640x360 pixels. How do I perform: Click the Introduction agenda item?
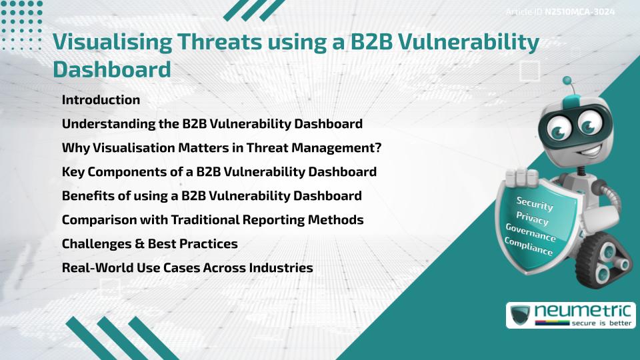click(101, 100)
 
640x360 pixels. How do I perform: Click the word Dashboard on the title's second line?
click(111, 69)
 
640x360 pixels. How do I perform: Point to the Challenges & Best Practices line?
click(149, 244)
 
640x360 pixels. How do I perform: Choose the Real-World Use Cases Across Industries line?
click(187, 268)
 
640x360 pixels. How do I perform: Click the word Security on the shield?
click(534, 203)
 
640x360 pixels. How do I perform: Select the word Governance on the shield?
click(531, 233)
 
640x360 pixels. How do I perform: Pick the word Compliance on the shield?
click(529, 246)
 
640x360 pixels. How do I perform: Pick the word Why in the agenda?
click(73, 148)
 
